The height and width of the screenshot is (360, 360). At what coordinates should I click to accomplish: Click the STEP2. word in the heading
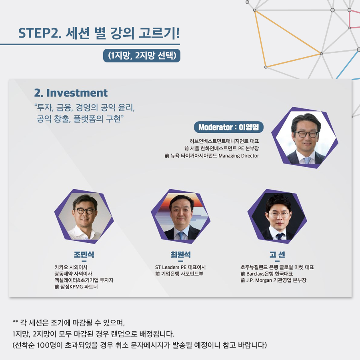(x=40, y=33)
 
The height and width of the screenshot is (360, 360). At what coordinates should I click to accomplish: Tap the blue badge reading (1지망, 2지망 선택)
(x=142, y=56)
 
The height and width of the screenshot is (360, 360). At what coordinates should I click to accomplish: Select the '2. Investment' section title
(x=71, y=93)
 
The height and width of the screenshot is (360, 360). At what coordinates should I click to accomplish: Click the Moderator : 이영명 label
(x=229, y=127)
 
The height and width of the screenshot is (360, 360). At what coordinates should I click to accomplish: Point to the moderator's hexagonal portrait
(x=305, y=138)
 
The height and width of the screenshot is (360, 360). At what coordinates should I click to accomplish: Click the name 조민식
(x=84, y=254)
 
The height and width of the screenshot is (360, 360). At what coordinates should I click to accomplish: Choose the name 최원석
(x=180, y=254)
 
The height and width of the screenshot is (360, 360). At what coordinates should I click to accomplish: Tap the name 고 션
(x=277, y=254)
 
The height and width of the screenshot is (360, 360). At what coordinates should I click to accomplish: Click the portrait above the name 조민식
(x=84, y=216)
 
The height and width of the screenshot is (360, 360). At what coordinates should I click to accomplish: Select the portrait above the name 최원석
(x=181, y=216)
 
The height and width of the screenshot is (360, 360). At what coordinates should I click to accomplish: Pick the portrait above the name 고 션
(x=277, y=216)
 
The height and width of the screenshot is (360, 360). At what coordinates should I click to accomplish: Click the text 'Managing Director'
(x=238, y=156)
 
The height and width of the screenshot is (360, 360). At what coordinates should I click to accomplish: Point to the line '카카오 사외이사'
(x=71, y=267)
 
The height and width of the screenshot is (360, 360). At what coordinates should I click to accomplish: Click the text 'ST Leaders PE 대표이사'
(x=180, y=267)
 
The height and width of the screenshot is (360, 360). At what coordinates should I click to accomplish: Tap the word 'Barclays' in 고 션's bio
(x=255, y=274)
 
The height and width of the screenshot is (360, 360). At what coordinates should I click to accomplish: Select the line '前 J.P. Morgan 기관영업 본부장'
(x=273, y=280)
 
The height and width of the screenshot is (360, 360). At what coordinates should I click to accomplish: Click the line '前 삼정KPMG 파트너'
(x=76, y=286)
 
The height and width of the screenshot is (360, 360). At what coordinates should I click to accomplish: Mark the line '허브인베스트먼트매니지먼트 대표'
(x=224, y=141)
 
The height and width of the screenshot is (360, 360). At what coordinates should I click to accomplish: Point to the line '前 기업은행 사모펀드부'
(x=179, y=274)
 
